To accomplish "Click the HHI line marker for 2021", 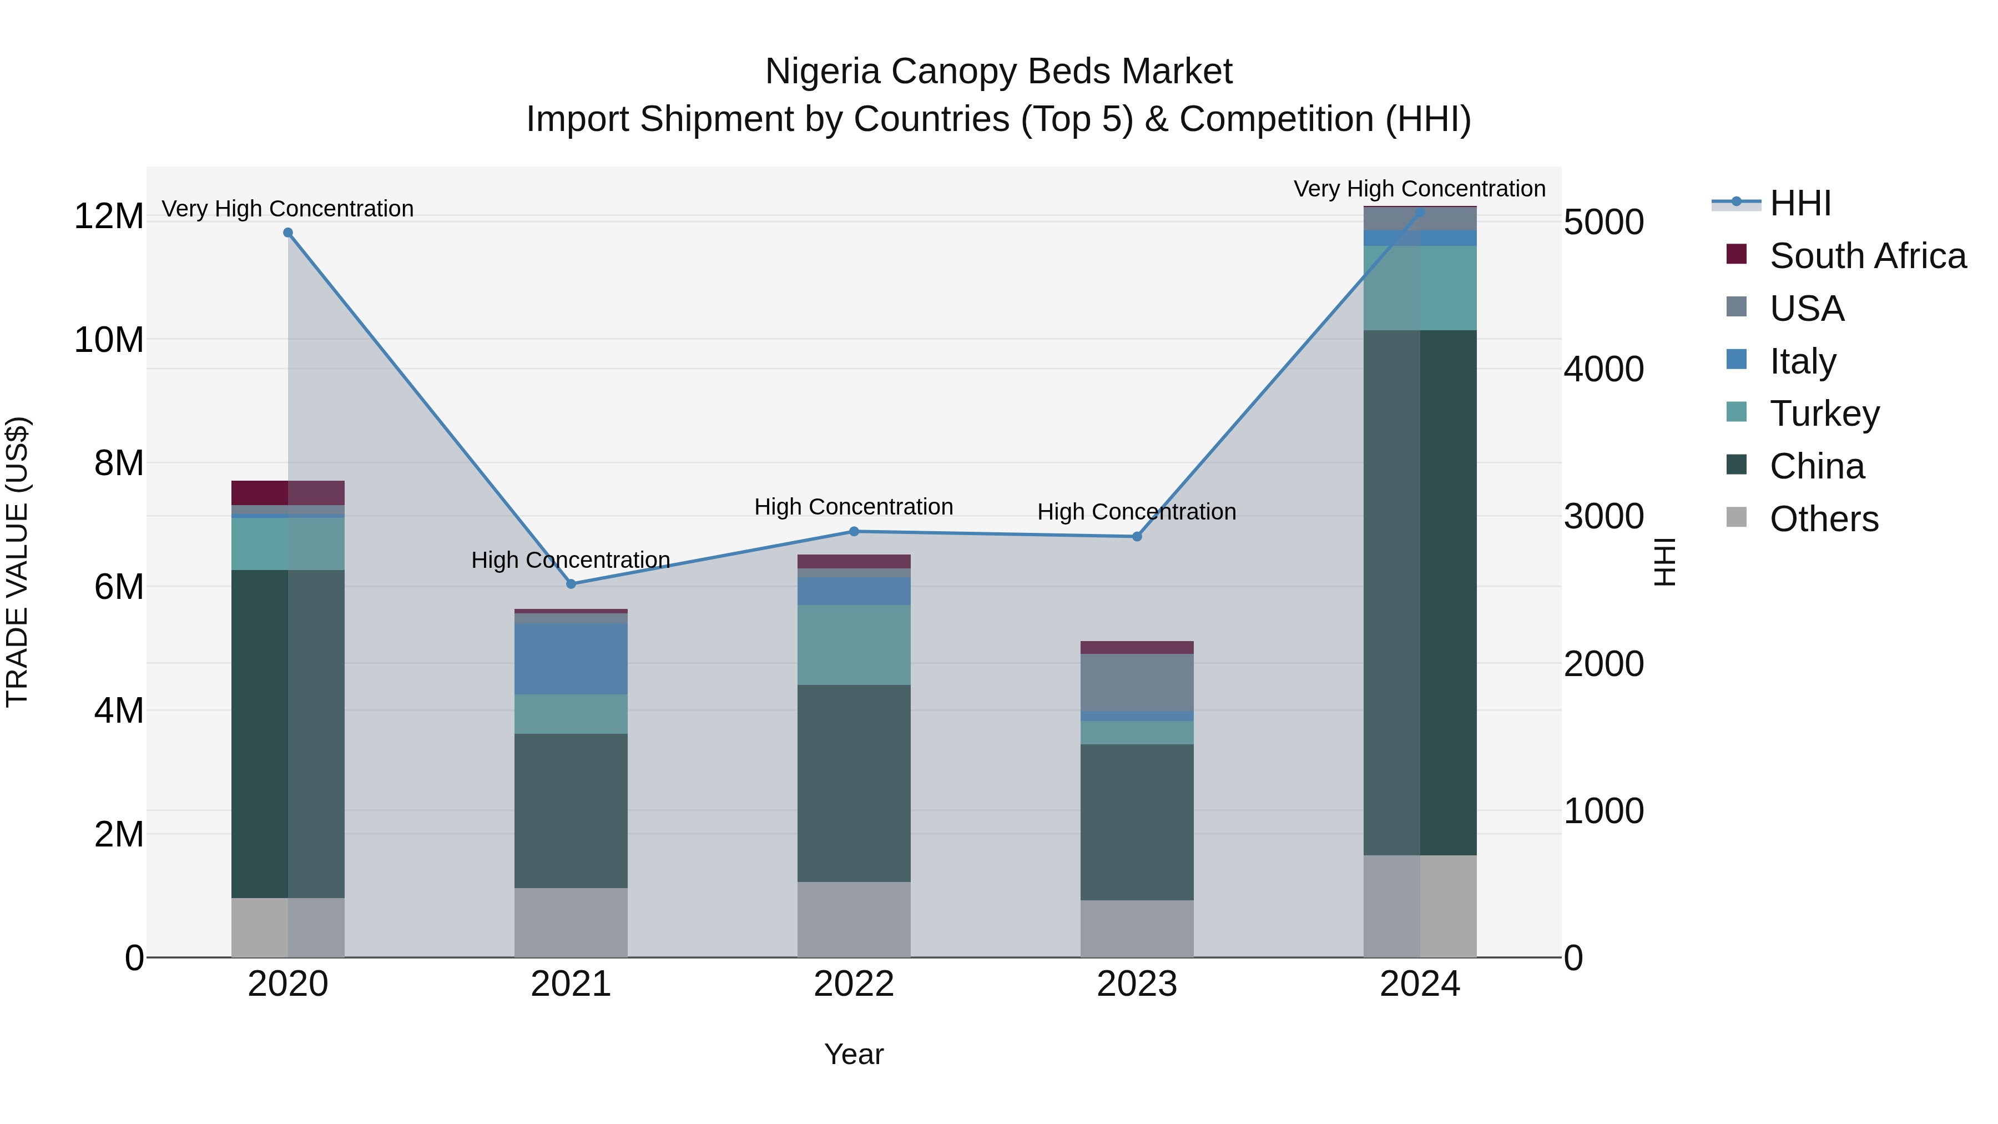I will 571,584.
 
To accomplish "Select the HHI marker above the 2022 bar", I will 854,531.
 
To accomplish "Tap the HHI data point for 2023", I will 1137,537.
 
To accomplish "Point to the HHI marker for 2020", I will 287,233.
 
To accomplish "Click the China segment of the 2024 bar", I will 1420,593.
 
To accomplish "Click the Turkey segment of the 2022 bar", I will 854,644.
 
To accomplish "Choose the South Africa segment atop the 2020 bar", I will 287,492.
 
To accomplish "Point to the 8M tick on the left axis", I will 119,463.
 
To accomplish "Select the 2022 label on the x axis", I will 854,984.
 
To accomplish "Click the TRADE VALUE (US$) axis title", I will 18,562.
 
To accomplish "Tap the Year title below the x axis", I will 854,1054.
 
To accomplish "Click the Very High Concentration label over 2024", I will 1419,189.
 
